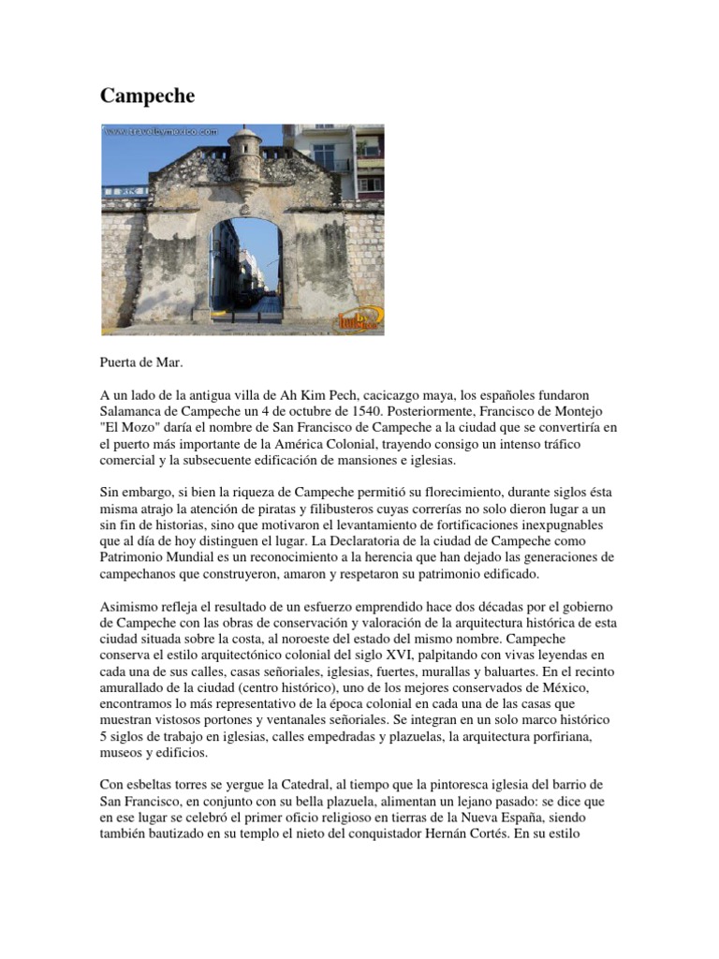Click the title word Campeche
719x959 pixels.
tap(148, 96)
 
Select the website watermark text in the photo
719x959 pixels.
tap(162, 132)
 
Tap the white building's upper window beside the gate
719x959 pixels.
tap(324, 154)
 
